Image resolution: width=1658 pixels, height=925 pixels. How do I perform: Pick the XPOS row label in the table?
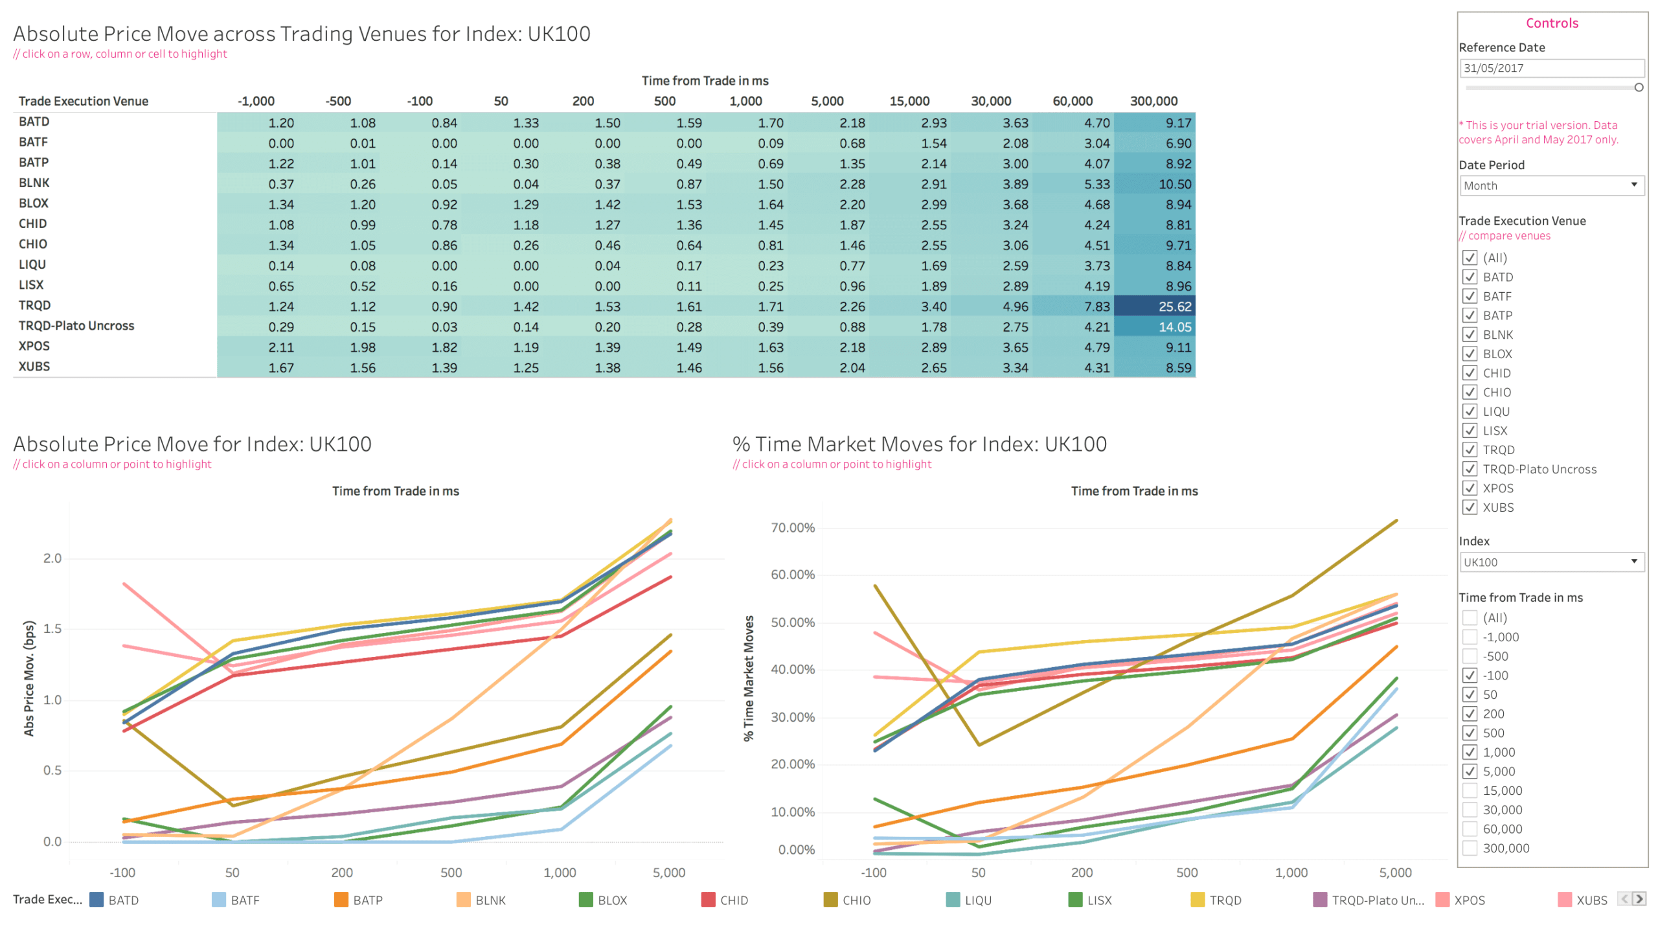point(34,346)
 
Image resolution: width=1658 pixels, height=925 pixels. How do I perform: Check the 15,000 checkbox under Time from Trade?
point(1470,791)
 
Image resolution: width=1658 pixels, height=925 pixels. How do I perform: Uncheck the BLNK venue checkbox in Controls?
point(1470,335)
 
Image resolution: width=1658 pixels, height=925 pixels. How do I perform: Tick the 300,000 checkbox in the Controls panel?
point(1470,849)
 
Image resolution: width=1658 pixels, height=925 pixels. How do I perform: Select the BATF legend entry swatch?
point(219,900)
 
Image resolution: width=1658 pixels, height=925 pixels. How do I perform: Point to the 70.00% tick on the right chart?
point(792,528)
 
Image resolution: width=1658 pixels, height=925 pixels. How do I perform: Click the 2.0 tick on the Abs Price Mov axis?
point(52,558)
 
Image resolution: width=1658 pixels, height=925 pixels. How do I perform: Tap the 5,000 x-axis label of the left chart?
point(668,873)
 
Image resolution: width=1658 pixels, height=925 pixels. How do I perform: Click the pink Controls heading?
point(1552,23)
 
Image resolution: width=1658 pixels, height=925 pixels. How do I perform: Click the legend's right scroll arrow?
point(1639,899)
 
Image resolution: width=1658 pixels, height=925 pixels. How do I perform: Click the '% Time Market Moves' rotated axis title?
point(749,678)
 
